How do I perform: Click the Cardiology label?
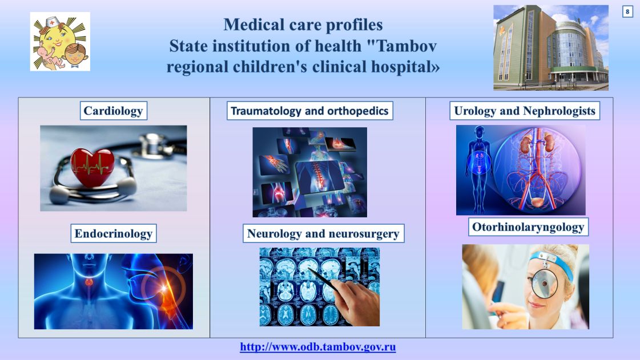click(113, 111)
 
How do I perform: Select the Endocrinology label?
click(114, 233)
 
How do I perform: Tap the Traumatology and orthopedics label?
click(310, 111)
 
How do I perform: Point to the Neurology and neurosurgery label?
click(323, 233)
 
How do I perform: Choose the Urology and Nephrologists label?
click(525, 111)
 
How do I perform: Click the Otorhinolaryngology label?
click(528, 227)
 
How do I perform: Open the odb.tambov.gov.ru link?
click(318, 347)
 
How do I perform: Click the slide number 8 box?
click(627, 12)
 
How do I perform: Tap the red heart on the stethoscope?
click(92, 167)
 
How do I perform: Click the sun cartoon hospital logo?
click(60, 42)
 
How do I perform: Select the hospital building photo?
click(550, 48)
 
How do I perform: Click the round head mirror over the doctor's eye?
click(545, 283)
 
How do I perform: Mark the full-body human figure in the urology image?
click(479, 170)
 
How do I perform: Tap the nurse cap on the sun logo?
click(53, 22)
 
